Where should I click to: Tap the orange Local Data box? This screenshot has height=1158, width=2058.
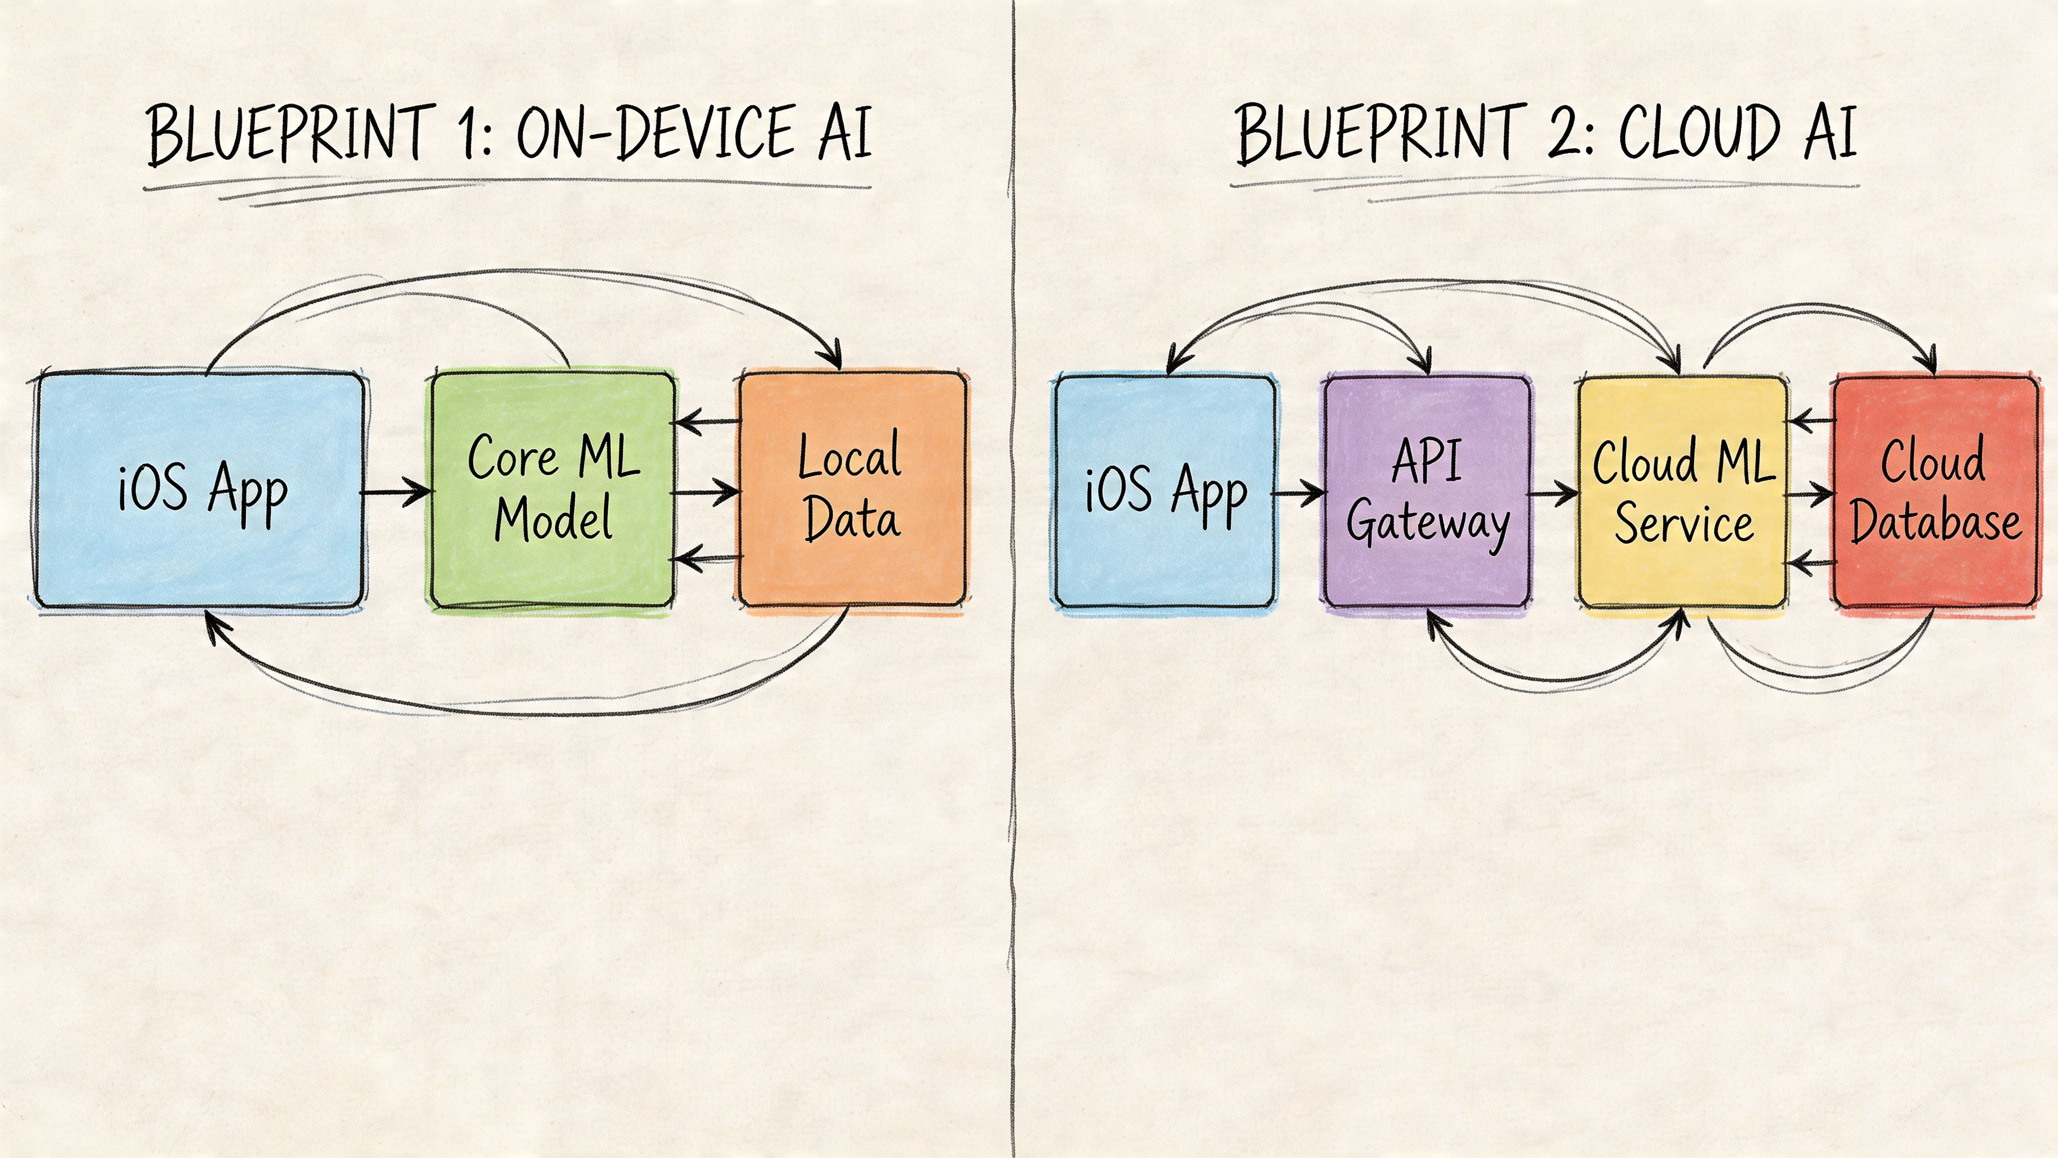point(852,489)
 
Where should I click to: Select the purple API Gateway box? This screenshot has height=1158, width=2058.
point(1427,492)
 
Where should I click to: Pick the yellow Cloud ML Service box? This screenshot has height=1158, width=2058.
point(1683,492)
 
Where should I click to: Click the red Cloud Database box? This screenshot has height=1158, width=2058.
point(1935,492)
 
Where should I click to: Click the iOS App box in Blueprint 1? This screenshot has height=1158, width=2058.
point(200,489)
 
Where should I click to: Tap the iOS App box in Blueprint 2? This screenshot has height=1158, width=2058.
point(1165,492)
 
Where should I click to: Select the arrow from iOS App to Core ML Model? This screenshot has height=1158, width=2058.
point(397,492)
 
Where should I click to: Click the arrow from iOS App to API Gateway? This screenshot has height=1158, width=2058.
point(1299,493)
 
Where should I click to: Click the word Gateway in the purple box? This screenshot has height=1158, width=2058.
point(1427,523)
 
